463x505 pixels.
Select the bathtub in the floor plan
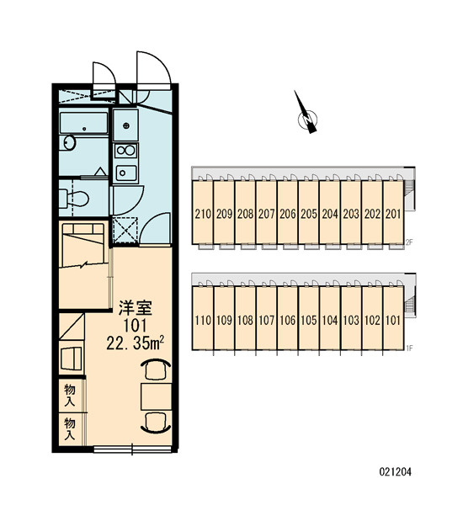click(x=84, y=123)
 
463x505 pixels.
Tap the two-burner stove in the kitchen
click(x=125, y=151)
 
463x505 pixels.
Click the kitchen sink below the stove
click(x=125, y=173)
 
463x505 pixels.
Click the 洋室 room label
click(x=135, y=308)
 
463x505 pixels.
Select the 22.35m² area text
click(x=136, y=343)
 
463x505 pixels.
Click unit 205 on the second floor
click(x=309, y=214)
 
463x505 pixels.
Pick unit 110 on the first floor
click(x=203, y=321)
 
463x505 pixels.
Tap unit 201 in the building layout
click(x=393, y=214)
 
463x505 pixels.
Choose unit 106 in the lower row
click(x=287, y=321)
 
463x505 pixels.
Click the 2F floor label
click(x=409, y=242)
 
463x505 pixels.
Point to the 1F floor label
click(x=409, y=348)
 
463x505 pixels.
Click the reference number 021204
click(x=395, y=472)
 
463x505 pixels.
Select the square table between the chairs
click(x=156, y=396)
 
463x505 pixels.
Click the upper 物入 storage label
click(x=70, y=396)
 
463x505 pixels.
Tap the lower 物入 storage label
click(x=70, y=429)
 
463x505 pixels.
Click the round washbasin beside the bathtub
click(x=69, y=142)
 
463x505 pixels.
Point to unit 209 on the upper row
click(x=224, y=214)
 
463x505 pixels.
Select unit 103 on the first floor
click(x=351, y=321)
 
